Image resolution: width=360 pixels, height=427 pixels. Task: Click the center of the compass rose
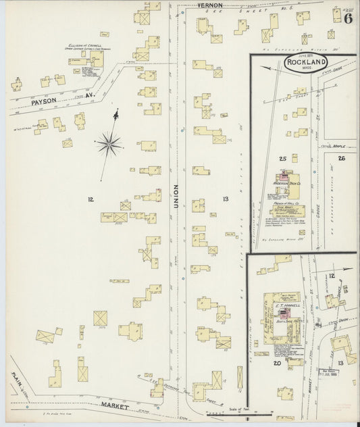click(109, 143)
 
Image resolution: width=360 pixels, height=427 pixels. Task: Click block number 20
click(277, 363)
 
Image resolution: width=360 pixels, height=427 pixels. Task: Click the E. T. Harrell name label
click(286, 305)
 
